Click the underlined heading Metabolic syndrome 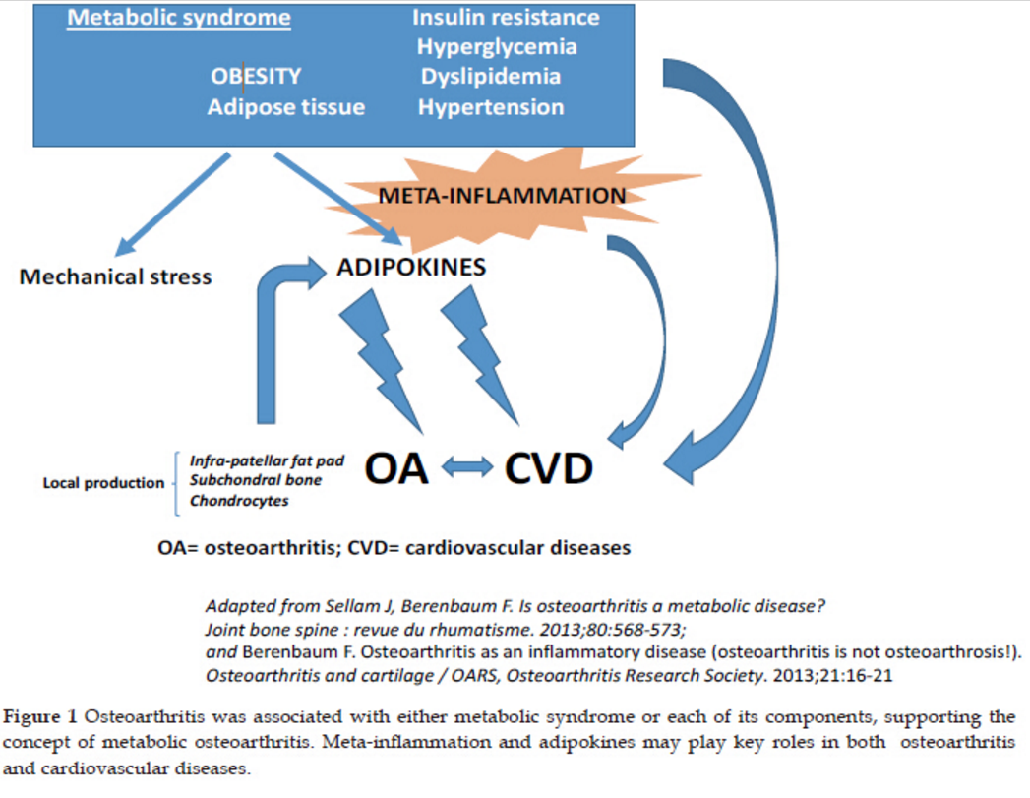click(x=179, y=18)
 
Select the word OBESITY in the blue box click(x=256, y=76)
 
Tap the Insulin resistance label click(x=506, y=17)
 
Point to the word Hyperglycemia click(x=497, y=47)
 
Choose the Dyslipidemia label click(x=491, y=77)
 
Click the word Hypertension click(x=491, y=107)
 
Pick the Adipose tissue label click(x=285, y=107)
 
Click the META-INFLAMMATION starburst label click(x=502, y=195)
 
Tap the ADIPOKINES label click(x=411, y=267)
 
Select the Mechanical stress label click(x=116, y=276)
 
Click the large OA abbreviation click(x=396, y=468)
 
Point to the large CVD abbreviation click(x=549, y=468)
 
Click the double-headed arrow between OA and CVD click(x=467, y=467)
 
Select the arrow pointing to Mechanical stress click(x=173, y=205)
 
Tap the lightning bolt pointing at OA click(x=382, y=361)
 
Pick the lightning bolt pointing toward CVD click(x=480, y=355)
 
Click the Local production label click(x=103, y=483)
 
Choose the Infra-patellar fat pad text click(x=267, y=461)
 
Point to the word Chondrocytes click(x=239, y=501)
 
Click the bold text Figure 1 click(x=40, y=716)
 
